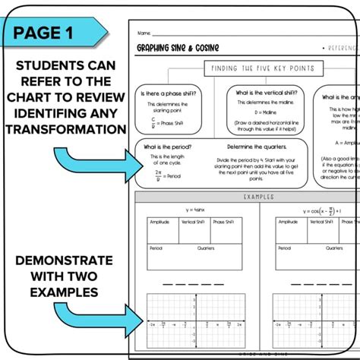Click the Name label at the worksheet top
tap(144, 34)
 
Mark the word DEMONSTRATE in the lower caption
tap(64, 260)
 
